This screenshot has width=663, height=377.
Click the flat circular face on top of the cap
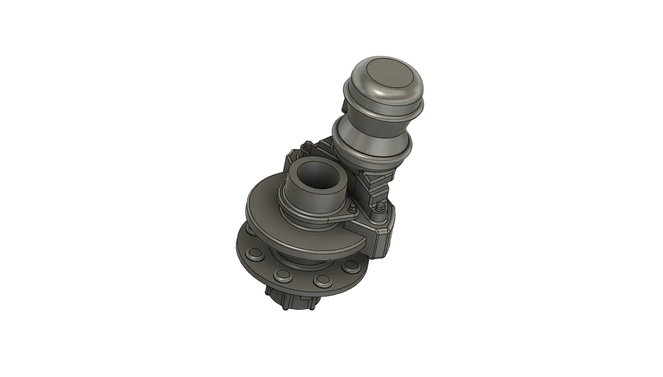coord(390,83)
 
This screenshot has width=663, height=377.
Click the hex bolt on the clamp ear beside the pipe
coord(351,208)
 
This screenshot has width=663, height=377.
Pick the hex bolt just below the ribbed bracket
coord(380,210)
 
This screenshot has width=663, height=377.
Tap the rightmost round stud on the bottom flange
coord(351,265)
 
